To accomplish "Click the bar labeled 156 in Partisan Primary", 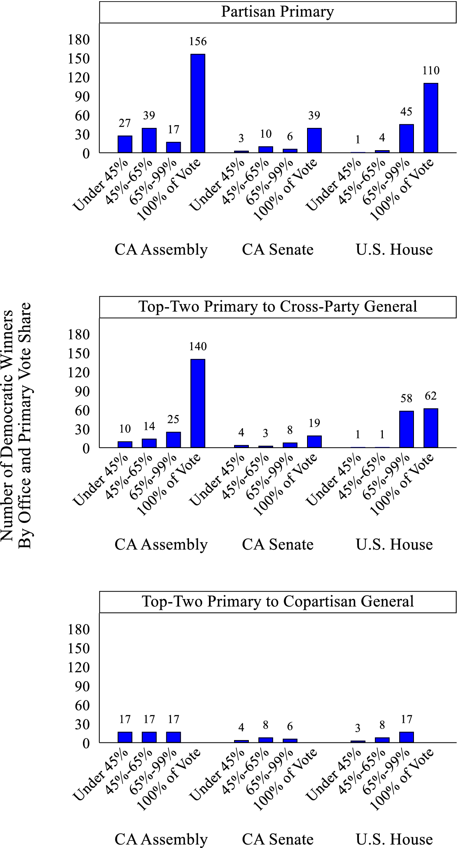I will (198, 103).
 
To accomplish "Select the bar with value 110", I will (431, 118).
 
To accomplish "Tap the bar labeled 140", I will (198, 403).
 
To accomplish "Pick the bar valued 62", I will (431, 428).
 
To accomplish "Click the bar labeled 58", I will (406, 429).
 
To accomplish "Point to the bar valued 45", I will (406, 138).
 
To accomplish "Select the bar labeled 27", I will (125, 144).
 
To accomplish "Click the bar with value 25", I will (173, 440).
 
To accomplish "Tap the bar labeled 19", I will (314, 441).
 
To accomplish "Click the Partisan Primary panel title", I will (278, 12).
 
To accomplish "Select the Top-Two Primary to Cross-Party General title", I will (278, 307).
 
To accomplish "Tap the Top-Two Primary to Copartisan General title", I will (278, 601).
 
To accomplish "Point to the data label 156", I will (198, 41).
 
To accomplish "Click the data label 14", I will (149, 426).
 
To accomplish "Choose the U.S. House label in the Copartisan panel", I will (394, 839).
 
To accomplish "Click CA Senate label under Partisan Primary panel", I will (278, 250).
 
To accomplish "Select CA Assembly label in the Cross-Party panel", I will (161, 544).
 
